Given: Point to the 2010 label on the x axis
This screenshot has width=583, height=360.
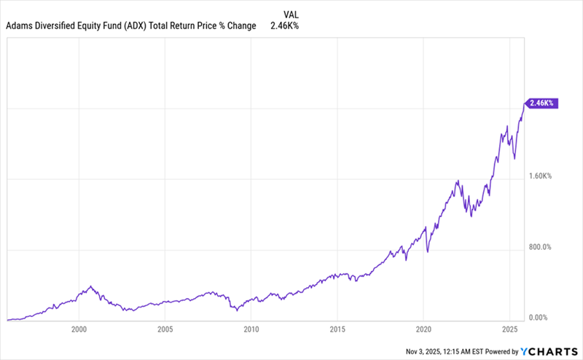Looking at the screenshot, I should tap(251, 329).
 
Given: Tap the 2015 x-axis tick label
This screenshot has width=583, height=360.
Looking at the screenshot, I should tap(337, 329).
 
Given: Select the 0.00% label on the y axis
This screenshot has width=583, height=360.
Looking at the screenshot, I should tap(538, 318).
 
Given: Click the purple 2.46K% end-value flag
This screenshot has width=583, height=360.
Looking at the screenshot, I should tap(539, 103).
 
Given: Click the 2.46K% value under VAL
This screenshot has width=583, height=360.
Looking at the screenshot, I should tap(285, 26).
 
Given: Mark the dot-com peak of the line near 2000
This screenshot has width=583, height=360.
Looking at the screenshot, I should tap(90, 286).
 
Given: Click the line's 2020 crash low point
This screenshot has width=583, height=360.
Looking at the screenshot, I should tap(428, 252).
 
